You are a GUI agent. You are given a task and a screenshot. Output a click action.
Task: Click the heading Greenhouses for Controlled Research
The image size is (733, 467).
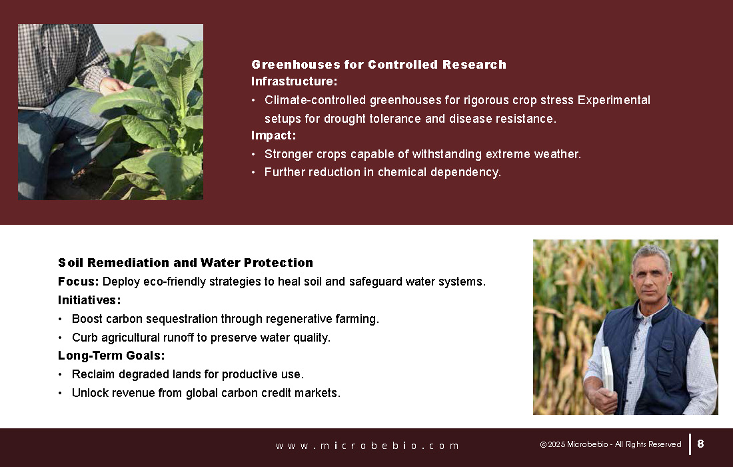tap(378, 65)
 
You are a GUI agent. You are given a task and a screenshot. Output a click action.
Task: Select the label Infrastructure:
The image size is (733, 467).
tap(294, 81)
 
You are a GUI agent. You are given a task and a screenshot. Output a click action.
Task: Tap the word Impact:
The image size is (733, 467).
tap(273, 135)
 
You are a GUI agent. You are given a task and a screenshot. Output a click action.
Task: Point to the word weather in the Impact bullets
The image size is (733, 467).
tap(556, 154)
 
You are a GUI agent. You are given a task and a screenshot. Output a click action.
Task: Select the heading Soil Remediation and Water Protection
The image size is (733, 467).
tap(186, 262)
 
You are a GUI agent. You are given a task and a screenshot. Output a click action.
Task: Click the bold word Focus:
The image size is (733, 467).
tap(78, 282)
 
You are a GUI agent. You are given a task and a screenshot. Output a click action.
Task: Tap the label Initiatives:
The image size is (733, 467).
tap(89, 300)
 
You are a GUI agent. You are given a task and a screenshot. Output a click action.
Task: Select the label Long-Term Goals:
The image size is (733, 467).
tap(111, 356)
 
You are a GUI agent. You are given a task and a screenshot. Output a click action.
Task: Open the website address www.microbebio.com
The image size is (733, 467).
tap(367, 446)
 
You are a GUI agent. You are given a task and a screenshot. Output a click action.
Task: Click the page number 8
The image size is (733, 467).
tap(700, 444)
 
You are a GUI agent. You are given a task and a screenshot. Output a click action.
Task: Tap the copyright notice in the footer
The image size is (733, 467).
tap(610, 444)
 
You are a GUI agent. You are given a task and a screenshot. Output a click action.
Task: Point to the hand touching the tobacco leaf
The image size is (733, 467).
tap(114, 86)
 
